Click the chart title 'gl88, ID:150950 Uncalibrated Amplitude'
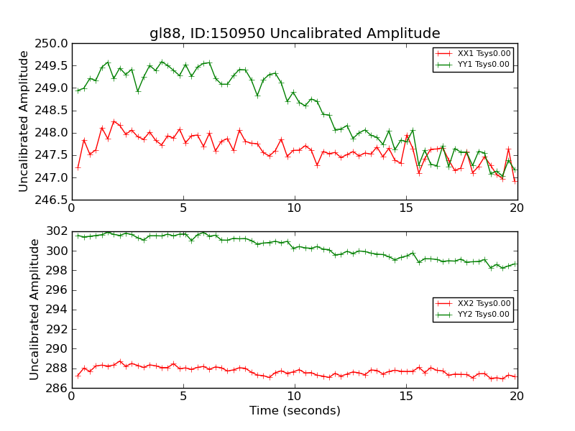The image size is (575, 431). (295, 34)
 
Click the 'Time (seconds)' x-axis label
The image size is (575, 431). (295, 411)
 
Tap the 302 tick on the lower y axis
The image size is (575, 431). (55, 231)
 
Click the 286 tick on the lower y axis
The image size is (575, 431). (55, 388)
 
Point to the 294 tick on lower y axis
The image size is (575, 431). (55, 310)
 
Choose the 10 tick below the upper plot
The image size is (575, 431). (295, 208)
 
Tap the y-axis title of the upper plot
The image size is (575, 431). (24, 121)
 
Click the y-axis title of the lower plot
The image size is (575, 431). (35, 309)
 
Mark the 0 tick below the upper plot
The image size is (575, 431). (71, 208)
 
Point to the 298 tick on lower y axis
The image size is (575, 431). (55, 271)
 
